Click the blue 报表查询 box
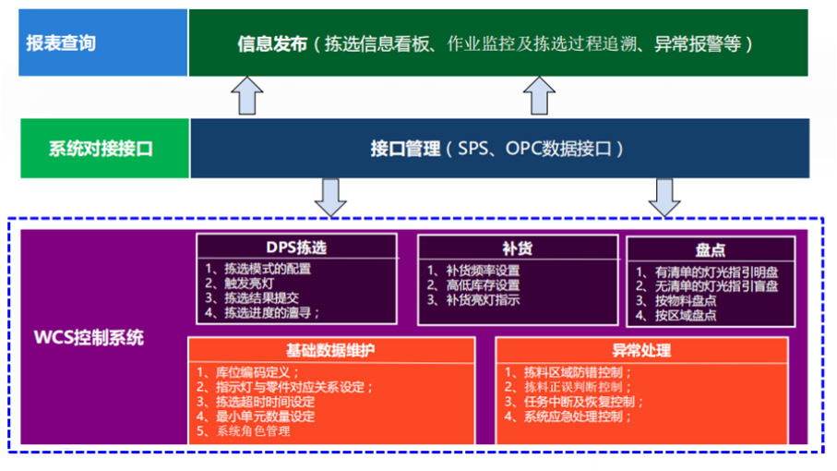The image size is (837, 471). point(102,42)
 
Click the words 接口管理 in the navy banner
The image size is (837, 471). point(405,148)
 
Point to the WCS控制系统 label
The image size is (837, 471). point(90,337)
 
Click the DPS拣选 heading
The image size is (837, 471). point(296,248)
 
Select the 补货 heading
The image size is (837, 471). point(517,248)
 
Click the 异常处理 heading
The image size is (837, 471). point(641,351)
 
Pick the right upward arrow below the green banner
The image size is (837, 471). point(539,95)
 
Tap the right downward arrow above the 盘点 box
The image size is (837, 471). point(664,196)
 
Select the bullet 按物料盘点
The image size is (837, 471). point(677,300)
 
